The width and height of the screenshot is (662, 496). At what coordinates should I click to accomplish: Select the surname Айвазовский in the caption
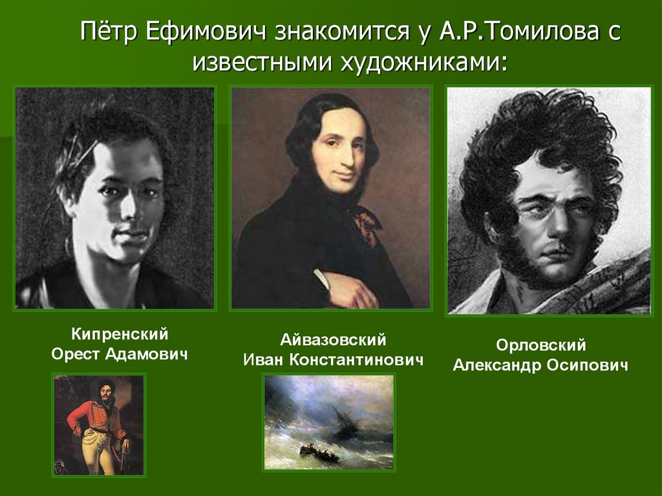coord(333,340)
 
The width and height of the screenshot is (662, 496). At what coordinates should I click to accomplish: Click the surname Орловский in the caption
coord(540,346)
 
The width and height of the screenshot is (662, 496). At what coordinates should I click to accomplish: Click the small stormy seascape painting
coord(328,422)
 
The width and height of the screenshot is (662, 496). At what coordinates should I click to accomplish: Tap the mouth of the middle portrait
coord(345,175)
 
